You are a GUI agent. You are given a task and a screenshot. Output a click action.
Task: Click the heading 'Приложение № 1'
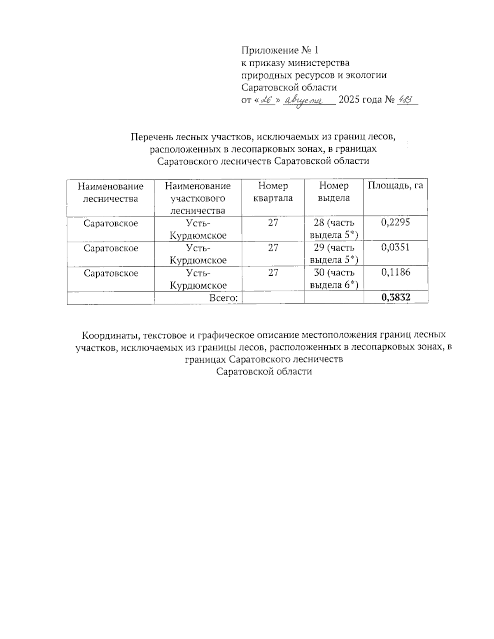tap(280, 50)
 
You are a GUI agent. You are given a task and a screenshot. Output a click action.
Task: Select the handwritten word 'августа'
tap(305, 100)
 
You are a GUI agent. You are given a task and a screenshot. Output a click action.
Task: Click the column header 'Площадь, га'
tap(395, 186)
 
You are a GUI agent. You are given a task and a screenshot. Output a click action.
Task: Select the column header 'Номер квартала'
tap(273, 192)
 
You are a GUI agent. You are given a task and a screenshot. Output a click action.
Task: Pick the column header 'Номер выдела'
tap(334, 192)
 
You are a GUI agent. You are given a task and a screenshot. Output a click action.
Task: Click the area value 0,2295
tap(396, 223)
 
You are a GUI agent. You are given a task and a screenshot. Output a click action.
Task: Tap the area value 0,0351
tap(396, 247)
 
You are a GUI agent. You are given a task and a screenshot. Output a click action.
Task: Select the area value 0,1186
tap(396, 272)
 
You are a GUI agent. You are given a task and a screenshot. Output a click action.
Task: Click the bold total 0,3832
tap(396, 297)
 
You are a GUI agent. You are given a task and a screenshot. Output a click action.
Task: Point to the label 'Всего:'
tap(224, 298)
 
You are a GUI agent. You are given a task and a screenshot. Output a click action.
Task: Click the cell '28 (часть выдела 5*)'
tap(334, 229)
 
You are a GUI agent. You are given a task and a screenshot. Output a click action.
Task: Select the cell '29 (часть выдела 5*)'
tap(334, 253)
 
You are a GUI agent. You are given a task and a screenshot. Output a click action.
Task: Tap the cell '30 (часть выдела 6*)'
tap(334, 279)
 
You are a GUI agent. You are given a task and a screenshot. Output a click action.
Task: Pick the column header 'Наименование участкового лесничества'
tap(198, 198)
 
